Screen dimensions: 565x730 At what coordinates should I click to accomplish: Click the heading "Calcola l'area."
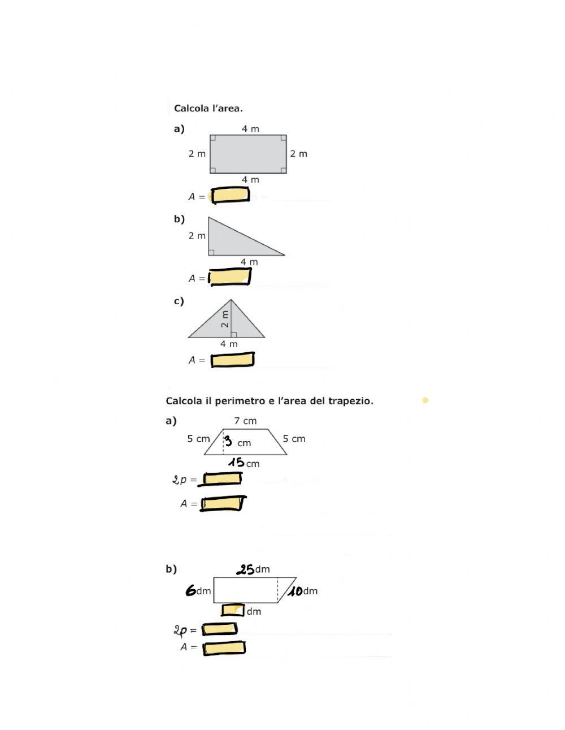pos(208,108)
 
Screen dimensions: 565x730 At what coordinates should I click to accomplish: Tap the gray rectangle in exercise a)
pos(248,154)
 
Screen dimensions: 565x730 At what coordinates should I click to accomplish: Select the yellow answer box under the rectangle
pos(231,195)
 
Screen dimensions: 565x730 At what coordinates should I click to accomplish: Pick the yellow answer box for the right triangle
pos(230,277)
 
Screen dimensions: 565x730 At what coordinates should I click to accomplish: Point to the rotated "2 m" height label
pos(225,319)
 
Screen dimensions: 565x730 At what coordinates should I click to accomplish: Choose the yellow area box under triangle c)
pos(232,360)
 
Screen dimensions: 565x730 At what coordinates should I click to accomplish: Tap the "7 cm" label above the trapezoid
pos(245,421)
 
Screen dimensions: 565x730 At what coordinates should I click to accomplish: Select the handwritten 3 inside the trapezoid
pos(228,440)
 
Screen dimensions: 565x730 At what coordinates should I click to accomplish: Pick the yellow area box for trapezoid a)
pos(222,503)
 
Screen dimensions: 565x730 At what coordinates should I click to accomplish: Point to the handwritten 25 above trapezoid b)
pos(245,569)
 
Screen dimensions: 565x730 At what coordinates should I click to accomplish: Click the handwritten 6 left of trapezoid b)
pos(190,590)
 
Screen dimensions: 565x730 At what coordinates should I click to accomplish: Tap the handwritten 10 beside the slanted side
pos(295,591)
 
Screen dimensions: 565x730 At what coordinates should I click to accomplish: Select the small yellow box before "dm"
pos(233,610)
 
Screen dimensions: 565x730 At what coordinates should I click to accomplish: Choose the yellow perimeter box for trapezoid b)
pos(219,629)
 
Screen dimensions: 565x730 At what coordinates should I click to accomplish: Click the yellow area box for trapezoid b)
pos(224,648)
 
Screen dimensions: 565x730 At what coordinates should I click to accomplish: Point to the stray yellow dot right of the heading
pos(425,400)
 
